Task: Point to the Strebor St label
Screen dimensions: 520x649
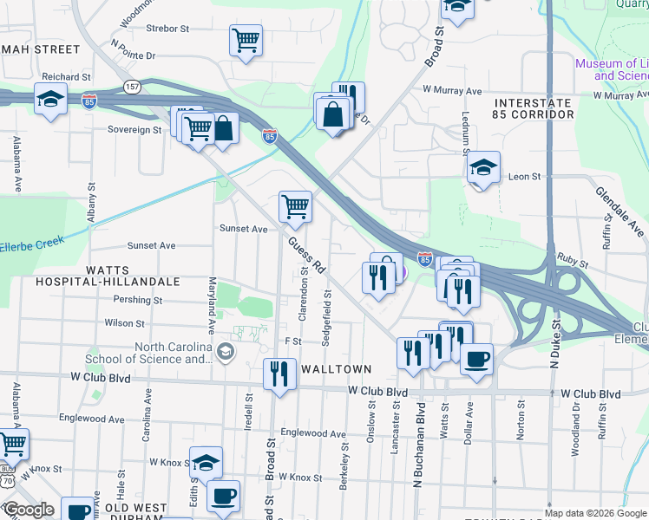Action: [x=168, y=29]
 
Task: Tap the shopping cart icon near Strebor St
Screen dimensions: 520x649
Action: [x=246, y=40]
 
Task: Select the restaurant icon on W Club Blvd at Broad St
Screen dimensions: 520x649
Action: [x=278, y=374]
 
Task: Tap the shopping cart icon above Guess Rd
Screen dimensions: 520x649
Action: [x=295, y=207]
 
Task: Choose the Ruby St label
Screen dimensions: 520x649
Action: [x=573, y=257]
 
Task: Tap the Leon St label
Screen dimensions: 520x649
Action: [x=524, y=176]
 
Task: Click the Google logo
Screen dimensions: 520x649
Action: [x=29, y=510]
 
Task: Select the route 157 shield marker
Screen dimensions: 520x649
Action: [x=132, y=87]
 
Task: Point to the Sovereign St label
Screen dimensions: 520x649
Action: [x=134, y=130]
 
